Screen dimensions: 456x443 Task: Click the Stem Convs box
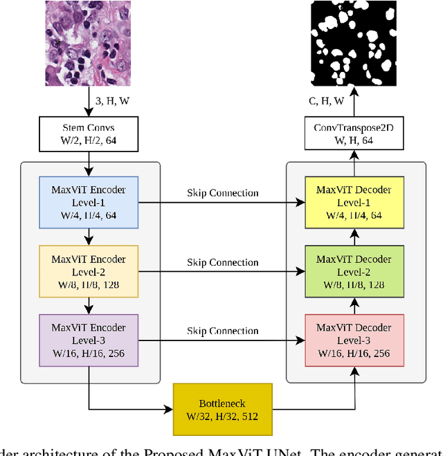[88, 134]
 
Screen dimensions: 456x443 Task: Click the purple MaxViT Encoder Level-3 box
[89, 339]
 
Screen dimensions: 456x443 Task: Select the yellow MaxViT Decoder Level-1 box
[354, 202]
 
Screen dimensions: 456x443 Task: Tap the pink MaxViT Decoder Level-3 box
[354, 339]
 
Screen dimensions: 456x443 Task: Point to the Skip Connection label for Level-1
[222, 193]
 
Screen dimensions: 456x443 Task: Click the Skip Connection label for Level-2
[222, 262]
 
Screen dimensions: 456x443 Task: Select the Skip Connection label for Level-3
[222, 331]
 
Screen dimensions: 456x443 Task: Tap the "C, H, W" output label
[326, 101]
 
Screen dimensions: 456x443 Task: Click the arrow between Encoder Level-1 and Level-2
[89, 237]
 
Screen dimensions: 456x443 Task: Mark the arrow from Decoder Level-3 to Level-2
[354, 304]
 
